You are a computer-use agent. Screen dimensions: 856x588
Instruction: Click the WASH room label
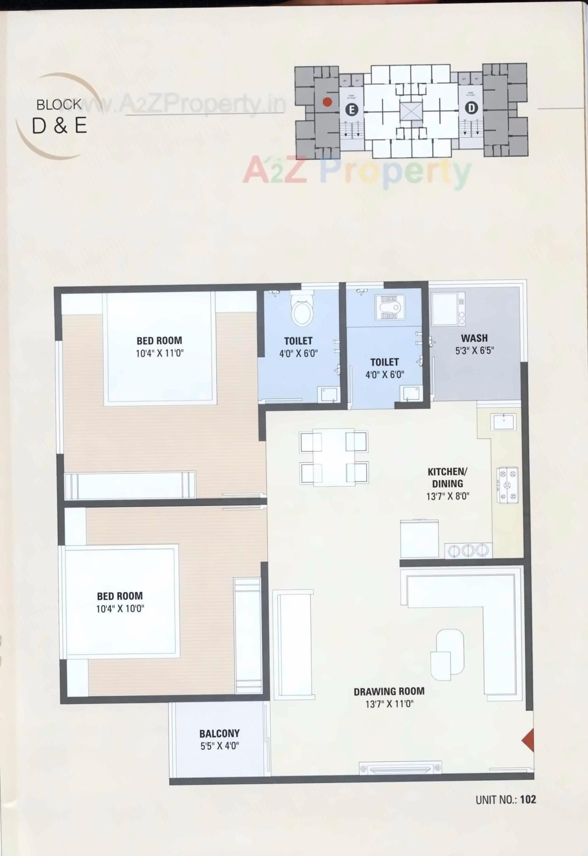point(474,338)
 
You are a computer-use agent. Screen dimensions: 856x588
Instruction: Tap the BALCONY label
point(219,733)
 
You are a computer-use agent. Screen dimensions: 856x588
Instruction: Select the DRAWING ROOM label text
point(389,691)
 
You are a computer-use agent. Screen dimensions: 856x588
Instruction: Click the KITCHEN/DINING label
point(447,477)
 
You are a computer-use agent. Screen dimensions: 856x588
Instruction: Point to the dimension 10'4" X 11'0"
point(159,353)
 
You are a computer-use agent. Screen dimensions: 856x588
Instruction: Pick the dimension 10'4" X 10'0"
point(120,609)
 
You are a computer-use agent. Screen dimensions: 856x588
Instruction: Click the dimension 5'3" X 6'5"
point(474,350)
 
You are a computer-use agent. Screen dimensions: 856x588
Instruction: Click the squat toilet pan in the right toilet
point(389,307)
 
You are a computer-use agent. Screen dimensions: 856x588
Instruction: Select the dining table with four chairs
point(334,458)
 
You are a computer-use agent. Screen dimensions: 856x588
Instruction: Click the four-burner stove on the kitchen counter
point(507,485)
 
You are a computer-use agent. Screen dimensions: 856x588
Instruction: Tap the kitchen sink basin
point(503,421)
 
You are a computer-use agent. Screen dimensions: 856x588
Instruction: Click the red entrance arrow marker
point(528,740)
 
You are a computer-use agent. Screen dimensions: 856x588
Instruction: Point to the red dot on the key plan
point(327,102)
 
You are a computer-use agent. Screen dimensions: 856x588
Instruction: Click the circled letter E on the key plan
point(352,109)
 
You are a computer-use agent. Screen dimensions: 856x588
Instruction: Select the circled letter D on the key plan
point(471,108)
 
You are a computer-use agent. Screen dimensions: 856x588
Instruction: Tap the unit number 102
point(528,799)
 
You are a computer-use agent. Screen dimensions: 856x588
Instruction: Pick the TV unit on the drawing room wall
point(401,768)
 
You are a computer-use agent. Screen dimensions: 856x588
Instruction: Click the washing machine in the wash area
point(445,308)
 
